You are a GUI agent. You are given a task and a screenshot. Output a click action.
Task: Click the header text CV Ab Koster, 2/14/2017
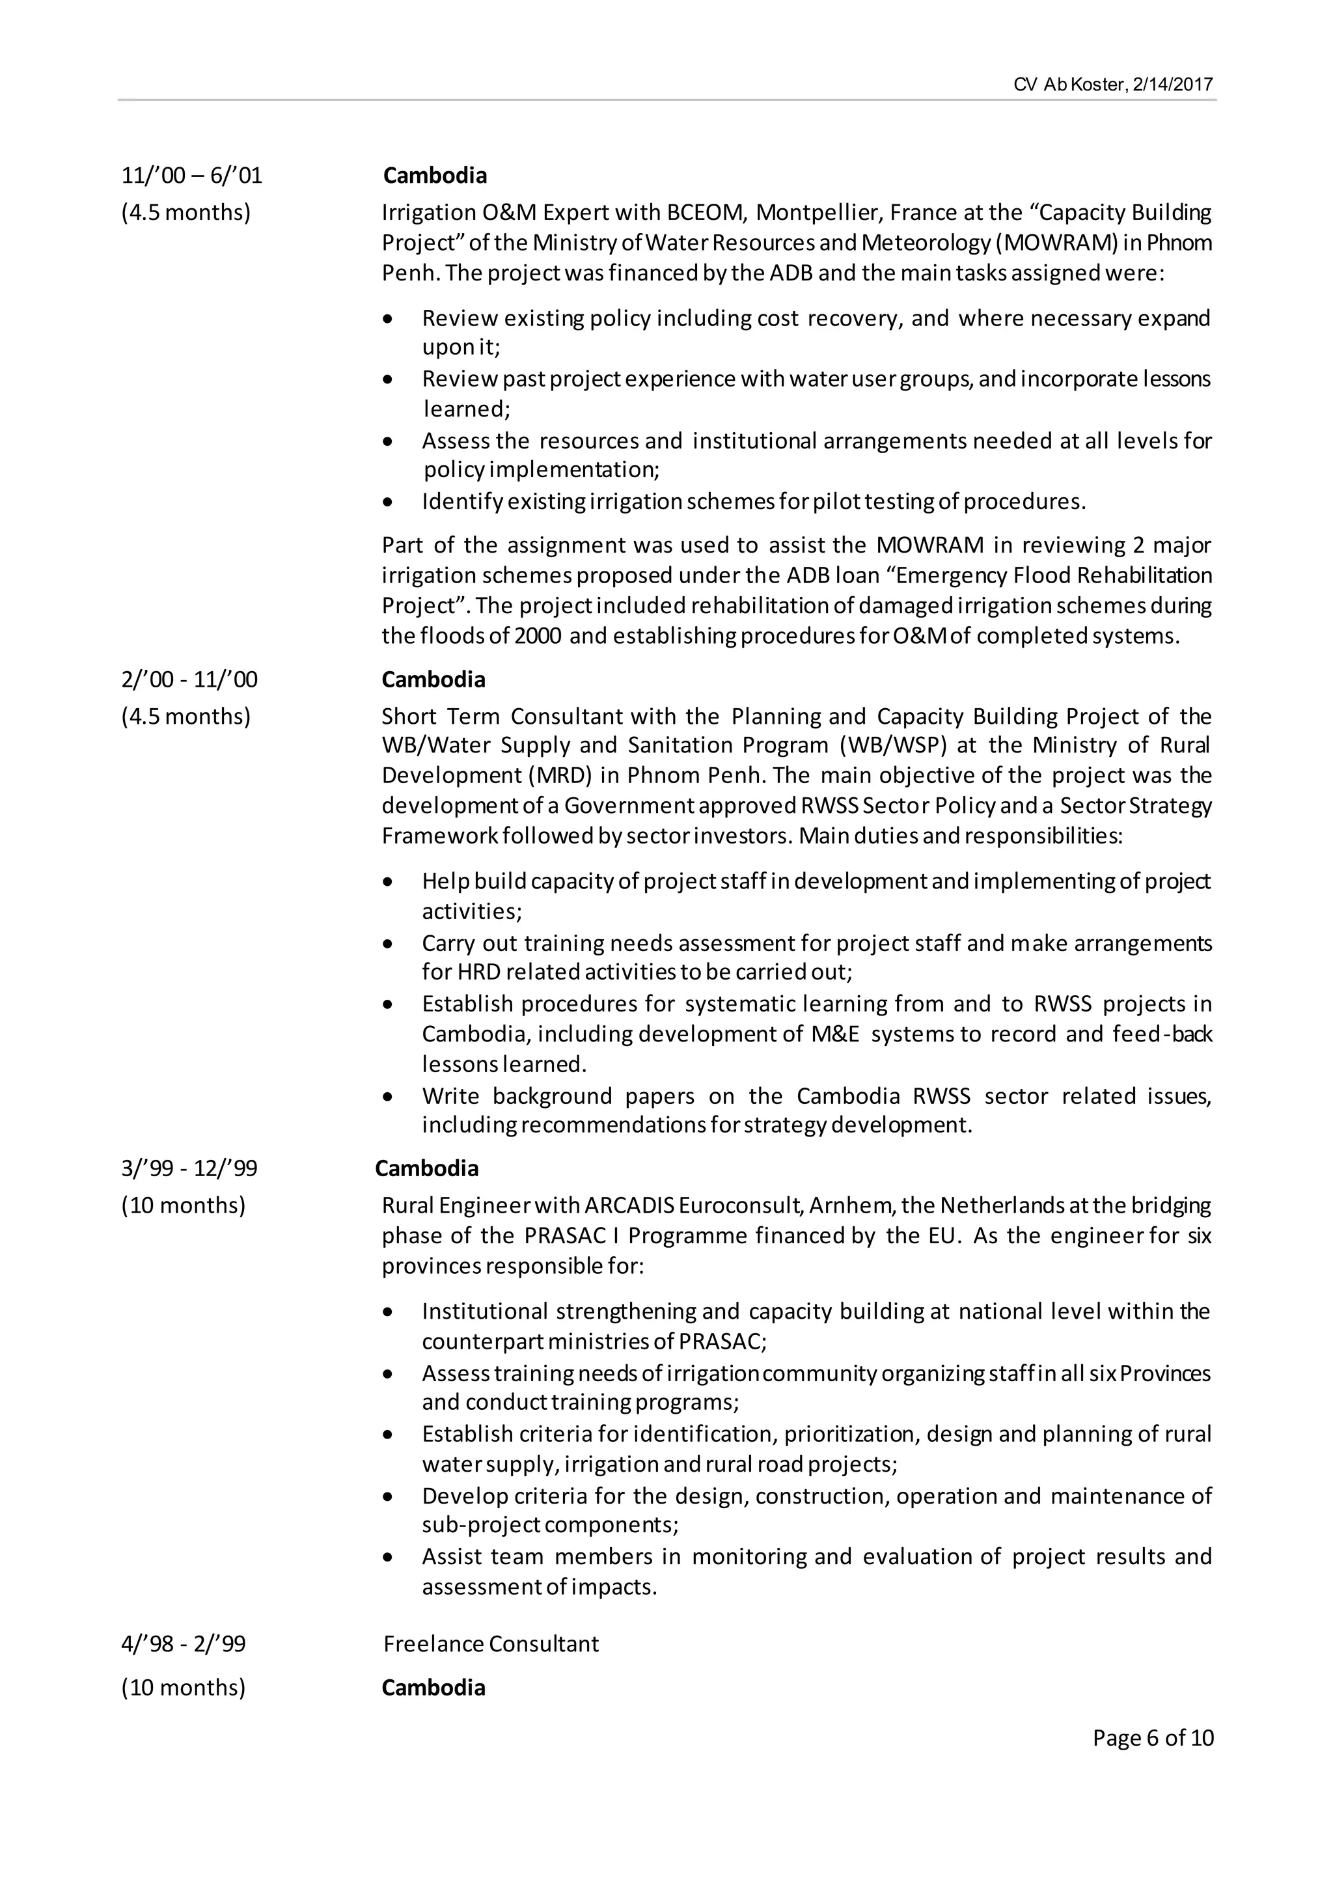tap(1113, 85)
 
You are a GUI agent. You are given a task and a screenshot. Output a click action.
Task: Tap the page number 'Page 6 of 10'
tap(1153, 1737)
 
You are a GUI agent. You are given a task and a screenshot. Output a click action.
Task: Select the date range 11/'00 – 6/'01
tap(192, 176)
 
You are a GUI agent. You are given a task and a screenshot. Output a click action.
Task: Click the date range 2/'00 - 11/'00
tap(189, 680)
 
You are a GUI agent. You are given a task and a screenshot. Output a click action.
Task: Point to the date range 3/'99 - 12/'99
tap(189, 1168)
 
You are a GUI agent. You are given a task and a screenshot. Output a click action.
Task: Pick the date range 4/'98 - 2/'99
tap(184, 1644)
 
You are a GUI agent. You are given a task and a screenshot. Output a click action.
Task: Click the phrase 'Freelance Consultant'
tap(491, 1644)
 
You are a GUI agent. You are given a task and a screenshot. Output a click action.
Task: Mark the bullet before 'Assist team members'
tap(388, 1556)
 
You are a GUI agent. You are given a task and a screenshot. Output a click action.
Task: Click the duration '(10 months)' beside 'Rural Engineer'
tap(184, 1205)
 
